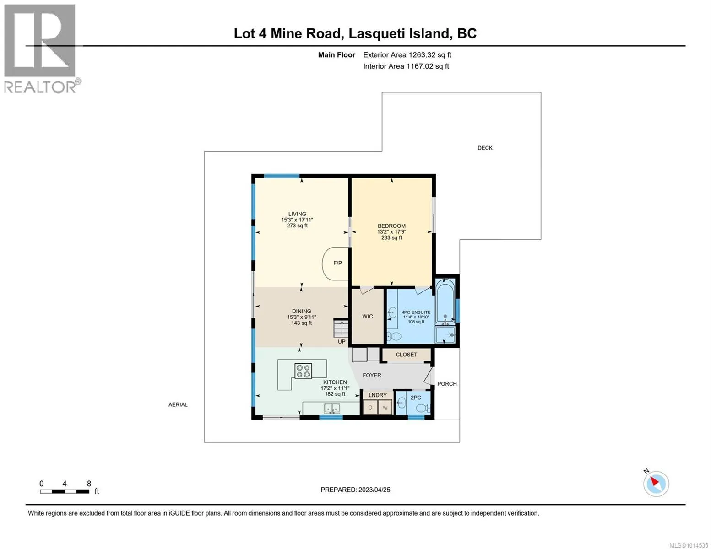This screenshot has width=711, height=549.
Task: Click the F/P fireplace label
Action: click(337, 263)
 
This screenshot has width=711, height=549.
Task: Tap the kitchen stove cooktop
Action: click(304, 371)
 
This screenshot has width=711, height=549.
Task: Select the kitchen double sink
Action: click(332, 409)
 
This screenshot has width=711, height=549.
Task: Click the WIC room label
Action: click(368, 317)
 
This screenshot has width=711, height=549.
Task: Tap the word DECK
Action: click(485, 148)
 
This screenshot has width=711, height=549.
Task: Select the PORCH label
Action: click(447, 384)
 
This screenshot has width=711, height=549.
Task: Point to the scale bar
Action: click(65, 491)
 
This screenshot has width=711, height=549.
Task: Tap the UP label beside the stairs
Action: click(342, 342)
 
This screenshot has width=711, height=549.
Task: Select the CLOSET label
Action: click(407, 355)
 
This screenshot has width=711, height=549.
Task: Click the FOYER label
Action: click(372, 375)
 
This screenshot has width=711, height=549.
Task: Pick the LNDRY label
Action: click(378, 395)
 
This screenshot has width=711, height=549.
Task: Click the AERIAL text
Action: click(178, 405)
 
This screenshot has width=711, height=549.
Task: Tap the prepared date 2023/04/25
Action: click(374, 490)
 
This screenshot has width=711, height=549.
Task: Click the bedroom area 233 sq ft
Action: click(391, 238)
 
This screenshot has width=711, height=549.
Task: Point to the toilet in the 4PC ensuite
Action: click(395, 336)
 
